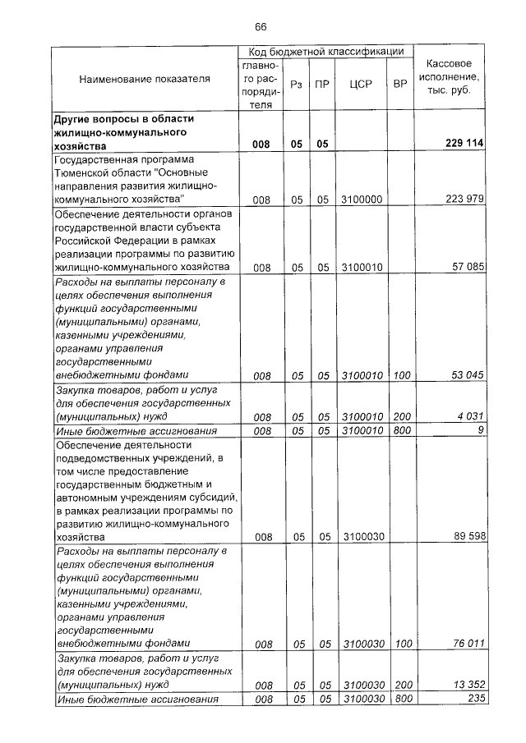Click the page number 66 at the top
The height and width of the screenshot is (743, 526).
coord(261,27)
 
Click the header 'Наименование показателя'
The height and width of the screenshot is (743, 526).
coord(145,79)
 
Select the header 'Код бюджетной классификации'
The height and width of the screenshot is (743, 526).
coord(325,52)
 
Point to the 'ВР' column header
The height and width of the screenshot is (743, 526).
coord(400,85)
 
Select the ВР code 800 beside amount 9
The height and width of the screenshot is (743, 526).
coord(400,430)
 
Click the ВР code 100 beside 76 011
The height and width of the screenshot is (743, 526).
coord(400,644)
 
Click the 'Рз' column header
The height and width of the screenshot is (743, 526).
coord(297,85)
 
